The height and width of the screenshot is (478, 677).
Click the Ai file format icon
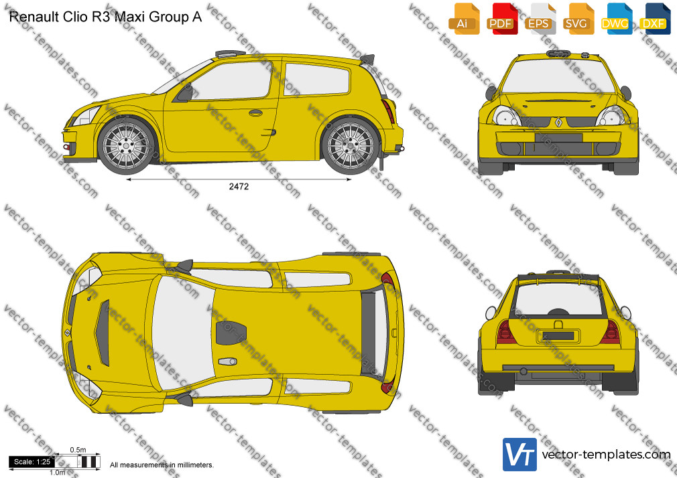click(464, 19)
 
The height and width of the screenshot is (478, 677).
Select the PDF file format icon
click(502, 19)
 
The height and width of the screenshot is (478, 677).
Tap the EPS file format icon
click(540, 19)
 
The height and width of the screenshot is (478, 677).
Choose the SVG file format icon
click(578, 19)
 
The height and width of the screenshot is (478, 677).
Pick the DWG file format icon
click(617, 19)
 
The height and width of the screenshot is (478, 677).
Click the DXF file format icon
click(655, 19)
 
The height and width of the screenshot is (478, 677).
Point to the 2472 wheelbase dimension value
click(239, 186)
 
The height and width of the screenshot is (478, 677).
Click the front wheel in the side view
click(126, 145)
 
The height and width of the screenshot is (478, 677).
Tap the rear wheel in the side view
click(350, 145)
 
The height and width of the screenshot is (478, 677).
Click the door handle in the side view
click(255, 113)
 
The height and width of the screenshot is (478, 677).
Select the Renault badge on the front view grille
click(558, 123)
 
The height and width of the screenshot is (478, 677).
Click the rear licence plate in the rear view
click(558, 335)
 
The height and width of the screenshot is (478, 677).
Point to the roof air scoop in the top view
click(231, 333)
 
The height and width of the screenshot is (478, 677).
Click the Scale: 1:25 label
click(32, 462)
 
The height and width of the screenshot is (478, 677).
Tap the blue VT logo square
click(520, 455)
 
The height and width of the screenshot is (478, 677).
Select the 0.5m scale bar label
click(78, 450)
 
